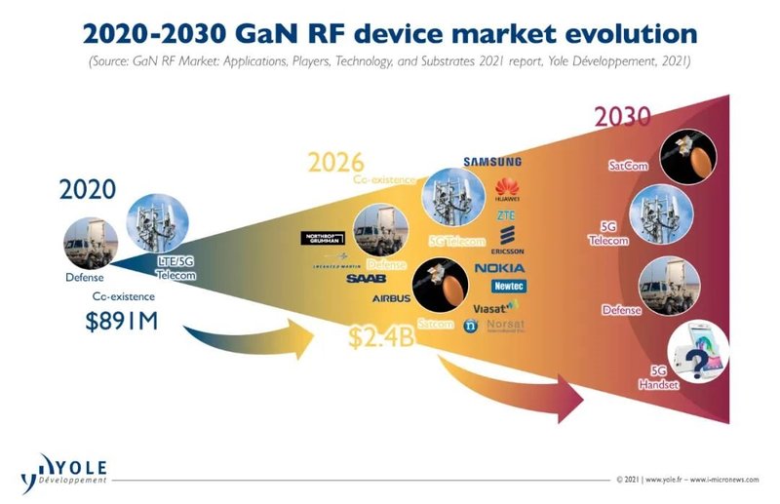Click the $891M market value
coord(130,320)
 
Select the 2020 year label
coord(88,189)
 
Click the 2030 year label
coord(623,117)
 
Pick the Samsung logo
coord(492,161)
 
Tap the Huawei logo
coord(506,188)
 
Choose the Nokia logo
coord(499,268)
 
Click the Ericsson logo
coord(506,239)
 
